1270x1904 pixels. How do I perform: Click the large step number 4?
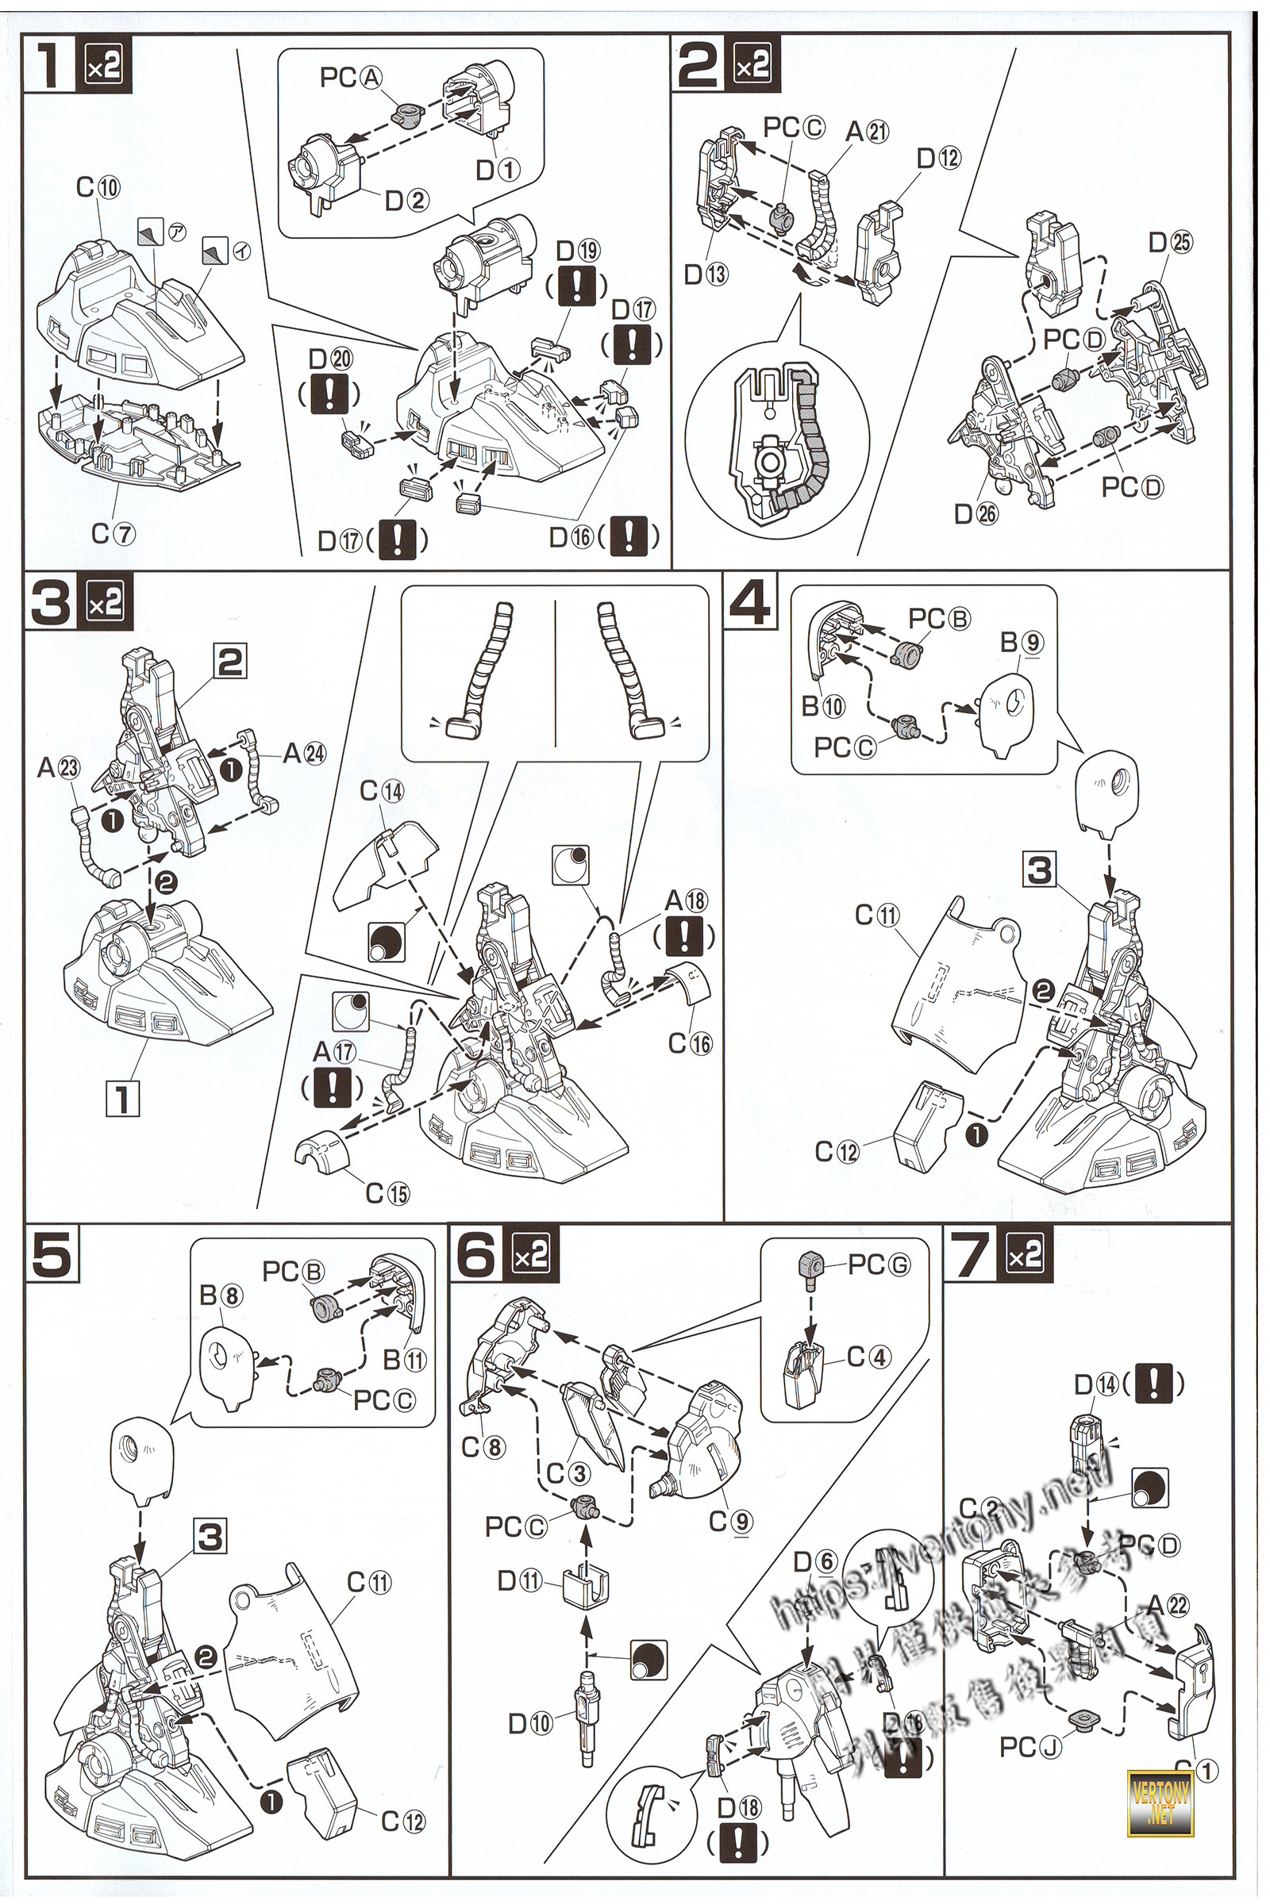[750, 601]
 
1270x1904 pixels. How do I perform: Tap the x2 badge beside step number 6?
[531, 1255]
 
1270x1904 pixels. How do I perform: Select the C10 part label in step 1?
[98, 187]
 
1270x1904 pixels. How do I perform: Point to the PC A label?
[351, 78]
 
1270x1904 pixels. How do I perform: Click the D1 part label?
[498, 170]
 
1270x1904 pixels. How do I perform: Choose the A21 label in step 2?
[867, 131]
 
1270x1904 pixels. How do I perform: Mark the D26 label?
[976, 513]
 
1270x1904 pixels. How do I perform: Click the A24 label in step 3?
[304, 754]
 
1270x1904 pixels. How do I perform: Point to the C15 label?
[387, 1192]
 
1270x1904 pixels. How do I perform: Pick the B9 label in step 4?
[1022, 643]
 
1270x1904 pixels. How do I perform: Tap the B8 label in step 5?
[221, 1296]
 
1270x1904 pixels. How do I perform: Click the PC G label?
[879, 1265]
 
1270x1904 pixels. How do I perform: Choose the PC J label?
[1029, 1747]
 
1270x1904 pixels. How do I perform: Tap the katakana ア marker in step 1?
[176, 232]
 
